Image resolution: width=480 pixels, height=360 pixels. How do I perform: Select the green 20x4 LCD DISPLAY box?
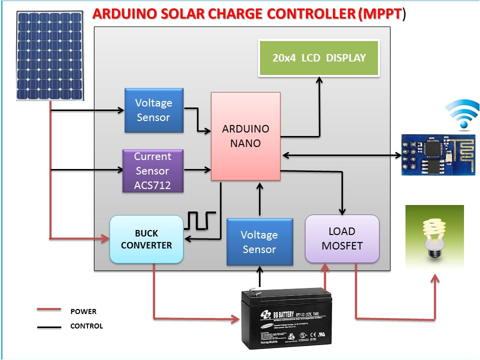[319, 57]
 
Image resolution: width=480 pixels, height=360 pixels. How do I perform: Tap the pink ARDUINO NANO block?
[245, 136]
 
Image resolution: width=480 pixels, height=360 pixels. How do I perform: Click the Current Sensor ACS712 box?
[153, 171]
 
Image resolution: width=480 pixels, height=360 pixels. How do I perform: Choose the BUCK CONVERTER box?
[146, 239]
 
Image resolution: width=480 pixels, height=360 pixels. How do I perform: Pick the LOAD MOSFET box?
[342, 238]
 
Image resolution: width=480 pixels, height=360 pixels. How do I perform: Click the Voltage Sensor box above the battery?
[259, 242]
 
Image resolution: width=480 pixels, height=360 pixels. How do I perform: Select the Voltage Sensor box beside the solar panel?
[153, 110]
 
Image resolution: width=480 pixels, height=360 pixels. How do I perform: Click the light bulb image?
[434, 235]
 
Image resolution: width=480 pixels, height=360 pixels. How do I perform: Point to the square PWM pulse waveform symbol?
[201, 220]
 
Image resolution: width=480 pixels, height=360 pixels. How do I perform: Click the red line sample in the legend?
[48, 310]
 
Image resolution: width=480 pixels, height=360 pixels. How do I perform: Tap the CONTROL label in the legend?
[86, 326]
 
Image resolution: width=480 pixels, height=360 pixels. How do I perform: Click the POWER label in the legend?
[83, 311]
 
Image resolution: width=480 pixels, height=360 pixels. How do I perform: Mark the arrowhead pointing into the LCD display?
[319, 79]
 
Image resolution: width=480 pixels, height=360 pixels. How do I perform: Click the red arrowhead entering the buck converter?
[105, 238]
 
